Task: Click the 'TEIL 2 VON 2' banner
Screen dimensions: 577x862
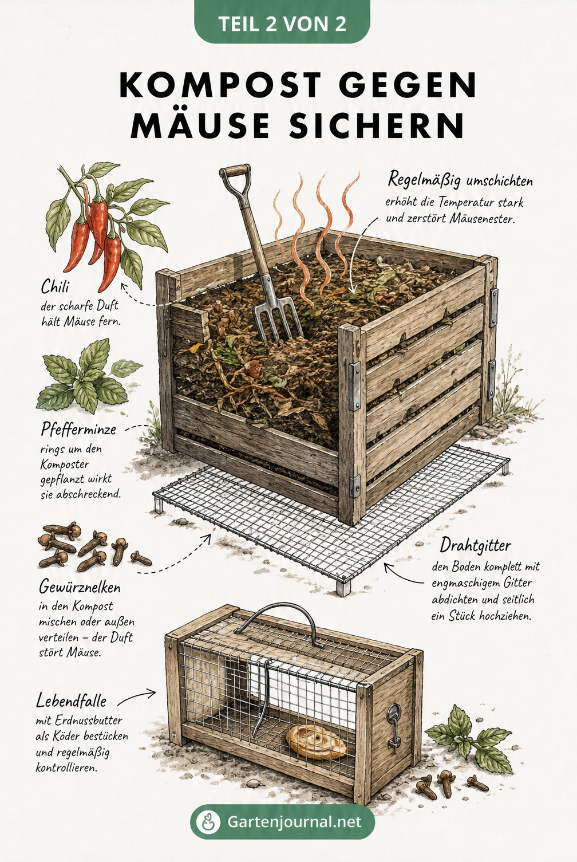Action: (x=282, y=22)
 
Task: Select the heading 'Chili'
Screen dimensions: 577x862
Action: (x=55, y=287)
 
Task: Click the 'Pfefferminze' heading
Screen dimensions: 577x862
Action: (x=78, y=430)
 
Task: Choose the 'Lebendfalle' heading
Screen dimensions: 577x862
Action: (x=71, y=700)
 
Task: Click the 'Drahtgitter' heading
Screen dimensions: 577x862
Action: (x=476, y=546)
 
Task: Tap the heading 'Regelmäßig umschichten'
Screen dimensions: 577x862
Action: (x=460, y=180)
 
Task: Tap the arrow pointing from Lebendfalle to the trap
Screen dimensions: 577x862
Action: (x=137, y=698)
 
